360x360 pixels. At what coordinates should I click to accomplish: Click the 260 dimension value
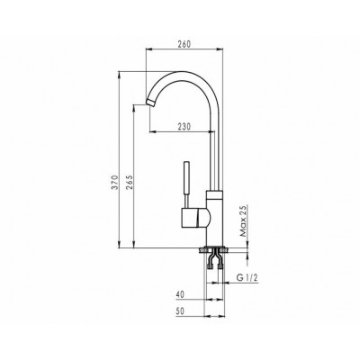coord(184,44)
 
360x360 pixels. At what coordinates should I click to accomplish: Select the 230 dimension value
coord(184,127)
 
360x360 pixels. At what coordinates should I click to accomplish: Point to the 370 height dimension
coord(114,184)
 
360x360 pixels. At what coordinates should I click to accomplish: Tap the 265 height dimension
coord(130,183)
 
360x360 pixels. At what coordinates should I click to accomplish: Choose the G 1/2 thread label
coord(247,278)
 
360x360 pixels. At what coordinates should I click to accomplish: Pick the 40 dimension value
coord(180,294)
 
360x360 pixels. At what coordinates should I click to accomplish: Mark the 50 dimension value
coord(180,311)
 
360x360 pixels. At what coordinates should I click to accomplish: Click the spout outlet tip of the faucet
coord(150,102)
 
